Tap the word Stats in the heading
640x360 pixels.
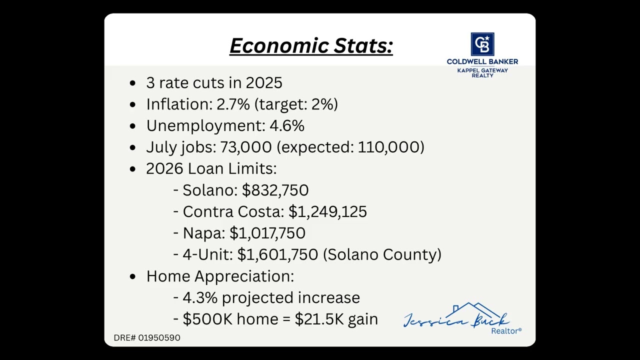(363, 45)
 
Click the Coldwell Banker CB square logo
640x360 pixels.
(482, 44)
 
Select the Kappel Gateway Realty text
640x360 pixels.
(482, 72)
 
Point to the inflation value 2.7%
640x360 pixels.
(232, 104)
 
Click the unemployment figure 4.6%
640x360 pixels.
(287, 125)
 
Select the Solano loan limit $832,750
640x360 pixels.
(275, 190)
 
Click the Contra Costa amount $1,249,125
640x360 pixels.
(327, 211)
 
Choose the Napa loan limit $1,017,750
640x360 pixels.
(267, 233)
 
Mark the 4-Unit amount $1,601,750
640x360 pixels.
(277, 254)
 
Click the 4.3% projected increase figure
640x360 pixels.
(199, 297)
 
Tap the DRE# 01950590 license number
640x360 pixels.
(147, 337)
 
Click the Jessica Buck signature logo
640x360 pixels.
(456, 317)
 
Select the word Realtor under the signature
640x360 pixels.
(505, 331)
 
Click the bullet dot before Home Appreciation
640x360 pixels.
(132, 276)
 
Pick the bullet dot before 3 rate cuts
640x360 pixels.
(132, 83)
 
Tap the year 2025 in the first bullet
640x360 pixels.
(263, 82)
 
